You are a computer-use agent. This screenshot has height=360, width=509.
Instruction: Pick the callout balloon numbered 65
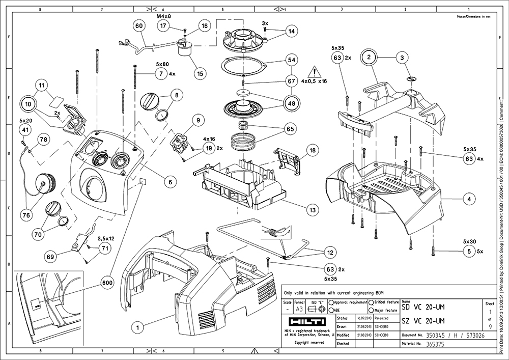click(x=291, y=129)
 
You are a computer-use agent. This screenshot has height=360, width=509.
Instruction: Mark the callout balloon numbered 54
click(x=291, y=60)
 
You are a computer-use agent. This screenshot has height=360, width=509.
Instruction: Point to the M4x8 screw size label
click(x=163, y=16)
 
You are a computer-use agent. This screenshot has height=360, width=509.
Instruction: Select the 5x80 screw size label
click(x=162, y=65)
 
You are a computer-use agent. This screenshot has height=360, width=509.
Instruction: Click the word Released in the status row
click(x=381, y=317)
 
